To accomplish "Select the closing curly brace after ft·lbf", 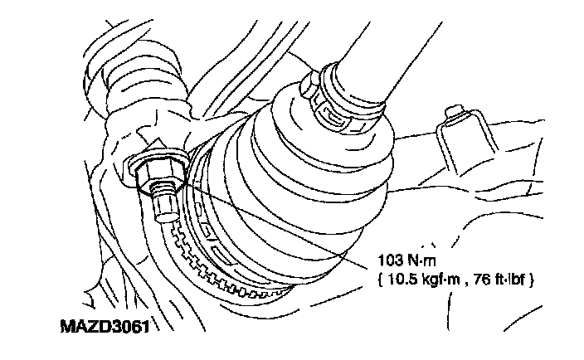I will tap(538, 281).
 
